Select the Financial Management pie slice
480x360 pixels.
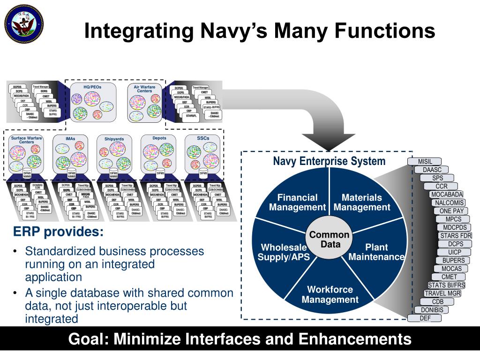click(297, 202)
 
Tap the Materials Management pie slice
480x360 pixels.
click(361, 202)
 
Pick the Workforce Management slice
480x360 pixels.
click(330, 294)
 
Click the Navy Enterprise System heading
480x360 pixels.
click(329, 162)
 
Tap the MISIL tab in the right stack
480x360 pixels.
click(425, 162)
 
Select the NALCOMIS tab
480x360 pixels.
click(449, 203)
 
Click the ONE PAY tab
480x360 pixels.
click(451, 211)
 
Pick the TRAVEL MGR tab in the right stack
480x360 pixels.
click(442, 293)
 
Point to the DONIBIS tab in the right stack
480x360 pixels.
click(431, 310)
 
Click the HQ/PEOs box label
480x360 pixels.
click(92, 87)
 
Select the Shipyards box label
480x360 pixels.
click(114, 139)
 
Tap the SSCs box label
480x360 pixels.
click(203, 138)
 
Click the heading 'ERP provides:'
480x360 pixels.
click(58, 232)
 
